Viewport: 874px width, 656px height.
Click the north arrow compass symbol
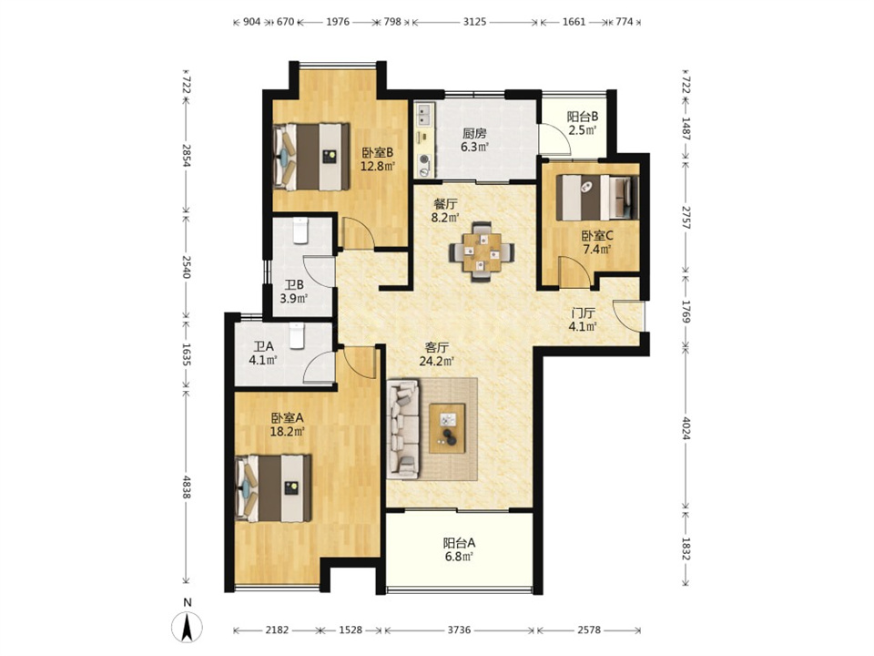pyautogui.click(x=188, y=627)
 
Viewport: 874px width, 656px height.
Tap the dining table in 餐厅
pyautogui.click(x=483, y=251)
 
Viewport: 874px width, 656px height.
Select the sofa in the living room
pyautogui.click(x=402, y=429)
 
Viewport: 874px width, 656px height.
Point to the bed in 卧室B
pyautogui.click(x=311, y=157)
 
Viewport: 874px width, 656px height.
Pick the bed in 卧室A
pyautogui.click(x=273, y=488)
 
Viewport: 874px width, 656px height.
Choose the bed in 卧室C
pyautogui.click(x=597, y=198)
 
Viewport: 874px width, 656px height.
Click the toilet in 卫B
pyautogui.click(x=300, y=231)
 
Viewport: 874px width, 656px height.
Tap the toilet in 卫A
pyautogui.click(x=297, y=336)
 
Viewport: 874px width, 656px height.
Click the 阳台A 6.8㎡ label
pyautogui.click(x=459, y=549)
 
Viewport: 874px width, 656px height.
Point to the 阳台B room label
pyautogui.click(x=583, y=117)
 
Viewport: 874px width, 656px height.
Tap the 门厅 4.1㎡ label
pyautogui.click(x=583, y=320)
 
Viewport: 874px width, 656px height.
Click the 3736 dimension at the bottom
pyautogui.click(x=459, y=630)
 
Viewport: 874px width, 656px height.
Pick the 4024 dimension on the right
pyautogui.click(x=686, y=426)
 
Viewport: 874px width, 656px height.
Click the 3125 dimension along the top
pyautogui.click(x=475, y=22)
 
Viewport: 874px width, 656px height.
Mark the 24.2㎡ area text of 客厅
pyautogui.click(x=436, y=361)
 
